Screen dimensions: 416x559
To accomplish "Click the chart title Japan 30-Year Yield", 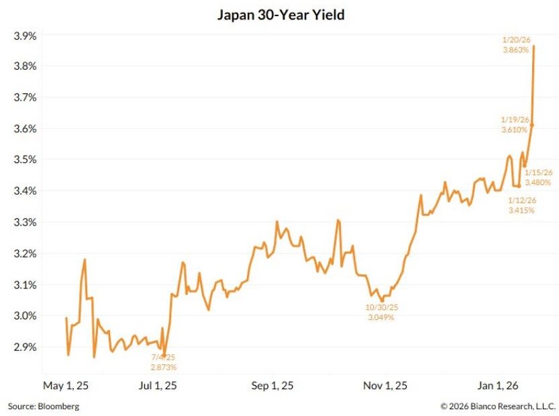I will point(281,14).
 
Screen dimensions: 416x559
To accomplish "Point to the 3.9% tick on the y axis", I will point(26,35).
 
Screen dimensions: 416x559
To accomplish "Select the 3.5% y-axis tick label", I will point(26,160).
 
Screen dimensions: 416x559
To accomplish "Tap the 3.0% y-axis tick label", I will point(26,316).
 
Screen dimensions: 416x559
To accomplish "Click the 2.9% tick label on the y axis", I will point(26,347).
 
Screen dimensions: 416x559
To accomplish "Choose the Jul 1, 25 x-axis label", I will point(157,386).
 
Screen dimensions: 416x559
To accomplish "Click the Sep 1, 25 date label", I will point(272,386).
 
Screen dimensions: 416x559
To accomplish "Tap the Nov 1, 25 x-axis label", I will point(386,386).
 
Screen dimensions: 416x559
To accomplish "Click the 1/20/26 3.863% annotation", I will point(517,45).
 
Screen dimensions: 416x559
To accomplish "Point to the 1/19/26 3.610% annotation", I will point(515,124).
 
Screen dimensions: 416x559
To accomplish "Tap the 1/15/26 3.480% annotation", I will point(538,177).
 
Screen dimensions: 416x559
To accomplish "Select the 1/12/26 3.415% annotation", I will point(521,205).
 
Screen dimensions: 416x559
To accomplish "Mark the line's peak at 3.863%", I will point(533,46).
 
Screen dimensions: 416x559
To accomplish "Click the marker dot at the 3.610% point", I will point(531,125).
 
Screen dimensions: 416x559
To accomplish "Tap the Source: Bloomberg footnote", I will point(44,406).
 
